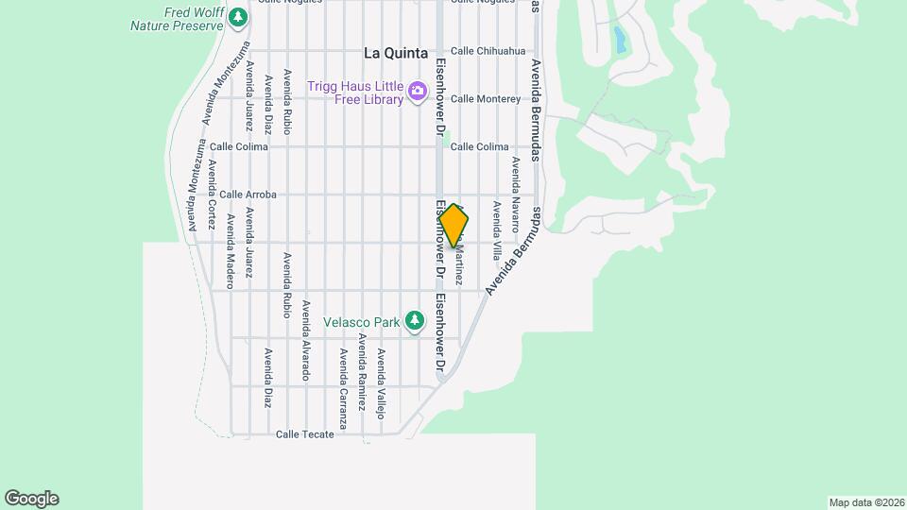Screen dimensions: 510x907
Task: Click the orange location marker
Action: [453, 226]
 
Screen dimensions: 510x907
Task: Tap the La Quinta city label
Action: [396, 53]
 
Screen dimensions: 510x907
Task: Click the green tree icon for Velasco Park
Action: [414, 321]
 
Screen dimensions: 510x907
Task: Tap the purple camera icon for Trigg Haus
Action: [418, 92]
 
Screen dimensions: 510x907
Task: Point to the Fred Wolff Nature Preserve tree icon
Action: [239, 17]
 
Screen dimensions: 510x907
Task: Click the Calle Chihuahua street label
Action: [488, 51]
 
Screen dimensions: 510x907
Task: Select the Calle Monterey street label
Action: [486, 98]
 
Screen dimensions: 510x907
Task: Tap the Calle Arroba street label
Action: [248, 195]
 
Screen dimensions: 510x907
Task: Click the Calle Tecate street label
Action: [304, 434]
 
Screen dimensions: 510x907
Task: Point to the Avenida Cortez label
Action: [213, 195]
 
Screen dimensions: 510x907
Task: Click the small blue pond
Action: [620, 40]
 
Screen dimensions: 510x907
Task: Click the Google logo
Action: [31, 499]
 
